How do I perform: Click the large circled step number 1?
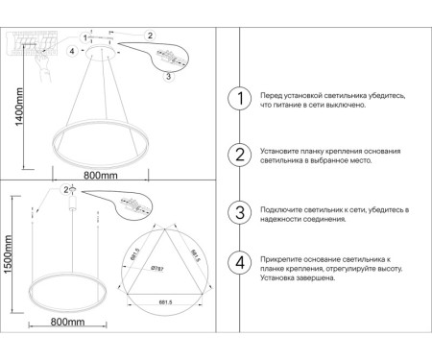(x=239, y=99)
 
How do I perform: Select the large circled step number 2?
(x=239, y=156)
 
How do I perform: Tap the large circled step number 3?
(x=239, y=212)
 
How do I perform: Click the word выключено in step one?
(x=345, y=106)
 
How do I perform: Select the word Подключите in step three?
(x=283, y=208)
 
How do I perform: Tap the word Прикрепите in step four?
(x=283, y=260)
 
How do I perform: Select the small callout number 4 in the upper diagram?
(x=73, y=50)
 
